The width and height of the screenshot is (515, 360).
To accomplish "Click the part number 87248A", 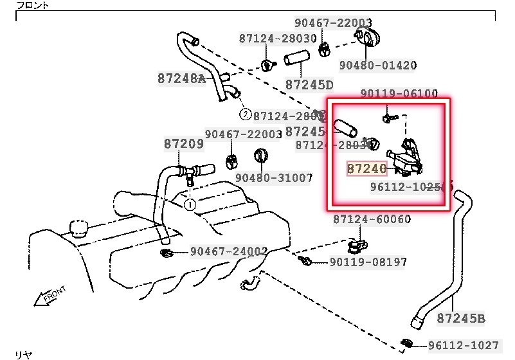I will point(181,78).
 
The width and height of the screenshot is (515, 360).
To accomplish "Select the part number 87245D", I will point(309,84).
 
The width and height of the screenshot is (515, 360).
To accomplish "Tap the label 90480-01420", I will point(378,65).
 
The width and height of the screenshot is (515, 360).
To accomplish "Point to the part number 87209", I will point(183,144).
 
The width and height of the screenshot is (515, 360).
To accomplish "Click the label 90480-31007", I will point(273,177).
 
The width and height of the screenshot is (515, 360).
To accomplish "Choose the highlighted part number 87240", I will point(366,168).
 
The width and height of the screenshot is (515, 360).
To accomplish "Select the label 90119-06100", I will point(399,94).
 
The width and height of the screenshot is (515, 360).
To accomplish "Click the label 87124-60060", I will point(372,219).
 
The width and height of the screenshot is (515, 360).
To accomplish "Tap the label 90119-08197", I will point(368,262).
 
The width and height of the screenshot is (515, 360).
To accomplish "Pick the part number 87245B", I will point(461,318).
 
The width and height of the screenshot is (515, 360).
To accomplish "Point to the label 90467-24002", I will point(229,251).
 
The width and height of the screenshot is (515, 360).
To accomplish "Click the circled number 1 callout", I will point(190,204).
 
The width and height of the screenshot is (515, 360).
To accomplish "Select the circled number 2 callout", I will point(246,115).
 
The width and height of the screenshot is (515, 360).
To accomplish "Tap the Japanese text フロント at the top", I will point(32,5).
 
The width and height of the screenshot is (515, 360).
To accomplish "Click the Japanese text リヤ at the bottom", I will point(23,354).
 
